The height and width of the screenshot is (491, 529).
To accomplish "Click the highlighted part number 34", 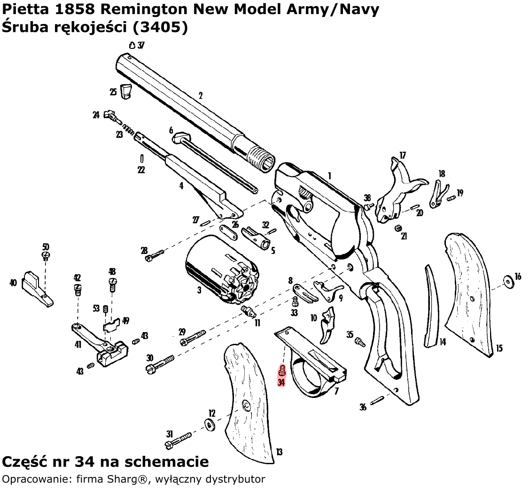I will (281, 382).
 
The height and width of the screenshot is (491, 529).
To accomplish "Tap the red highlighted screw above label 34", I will (282, 371).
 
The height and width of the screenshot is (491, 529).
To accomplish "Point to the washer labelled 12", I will (209, 425).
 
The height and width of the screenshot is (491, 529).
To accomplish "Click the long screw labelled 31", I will (179, 440).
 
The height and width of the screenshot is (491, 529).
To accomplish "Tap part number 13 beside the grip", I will (280, 452).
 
